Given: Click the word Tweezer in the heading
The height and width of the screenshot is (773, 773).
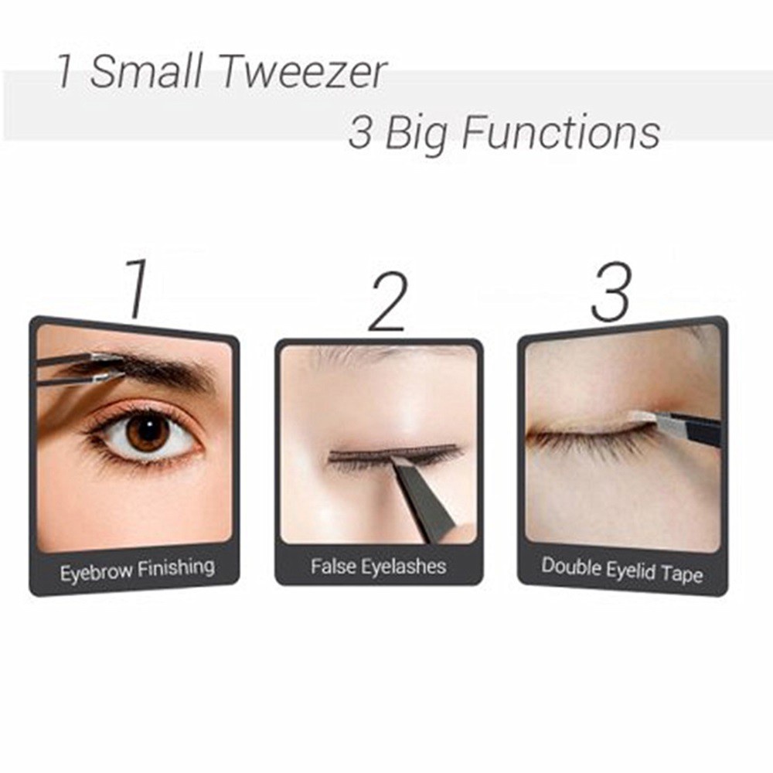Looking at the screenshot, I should (x=301, y=73).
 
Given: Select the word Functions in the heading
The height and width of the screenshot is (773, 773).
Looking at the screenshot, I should (x=561, y=133).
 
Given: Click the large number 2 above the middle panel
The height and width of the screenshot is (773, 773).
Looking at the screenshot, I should (x=387, y=304).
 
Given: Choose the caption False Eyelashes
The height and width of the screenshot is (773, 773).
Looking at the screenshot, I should (x=378, y=567).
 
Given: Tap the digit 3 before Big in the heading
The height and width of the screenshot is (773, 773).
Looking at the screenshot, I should (x=360, y=134).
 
